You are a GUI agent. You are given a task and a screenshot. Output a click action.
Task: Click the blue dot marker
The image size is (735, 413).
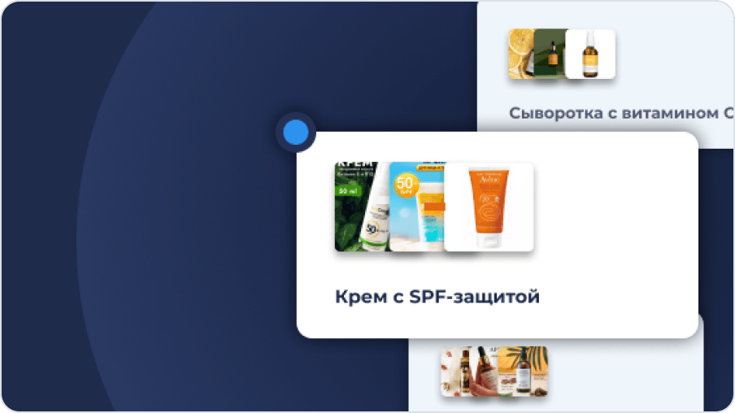tap(295, 132)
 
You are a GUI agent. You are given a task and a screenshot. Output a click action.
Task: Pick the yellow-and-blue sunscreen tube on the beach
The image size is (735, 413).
tap(427, 220)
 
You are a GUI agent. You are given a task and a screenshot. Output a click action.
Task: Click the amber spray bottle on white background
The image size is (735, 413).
tap(589, 55)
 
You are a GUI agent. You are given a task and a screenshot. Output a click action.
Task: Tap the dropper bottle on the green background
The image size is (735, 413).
tap(554, 55)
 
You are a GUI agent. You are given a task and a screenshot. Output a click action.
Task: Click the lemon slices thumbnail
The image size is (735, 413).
tap(520, 54)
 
